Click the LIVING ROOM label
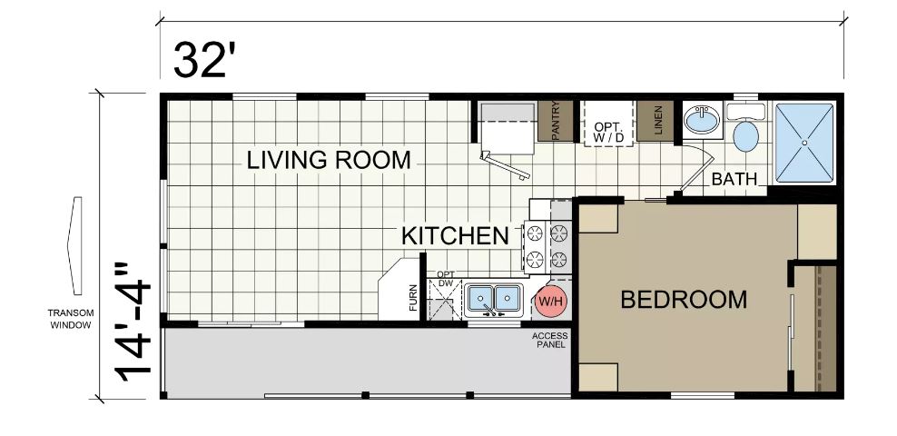click(329, 160)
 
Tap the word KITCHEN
click(456, 236)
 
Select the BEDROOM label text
click(684, 299)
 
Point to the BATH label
click(734, 179)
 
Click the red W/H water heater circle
click(551, 301)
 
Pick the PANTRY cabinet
click(556, 121)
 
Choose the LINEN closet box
click(655, 120)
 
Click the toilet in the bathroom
click(745, 127)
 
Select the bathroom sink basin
click(703, 120)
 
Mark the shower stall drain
click(803, 143)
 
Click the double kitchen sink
click(493, 300)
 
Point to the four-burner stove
click(547, 246)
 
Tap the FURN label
click(414, 298)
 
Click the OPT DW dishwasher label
click(445, 278)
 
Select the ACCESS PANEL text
click(550, 340)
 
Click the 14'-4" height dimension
click(133, 322)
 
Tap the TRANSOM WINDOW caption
click(70, 319)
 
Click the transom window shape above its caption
click(75, 245)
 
